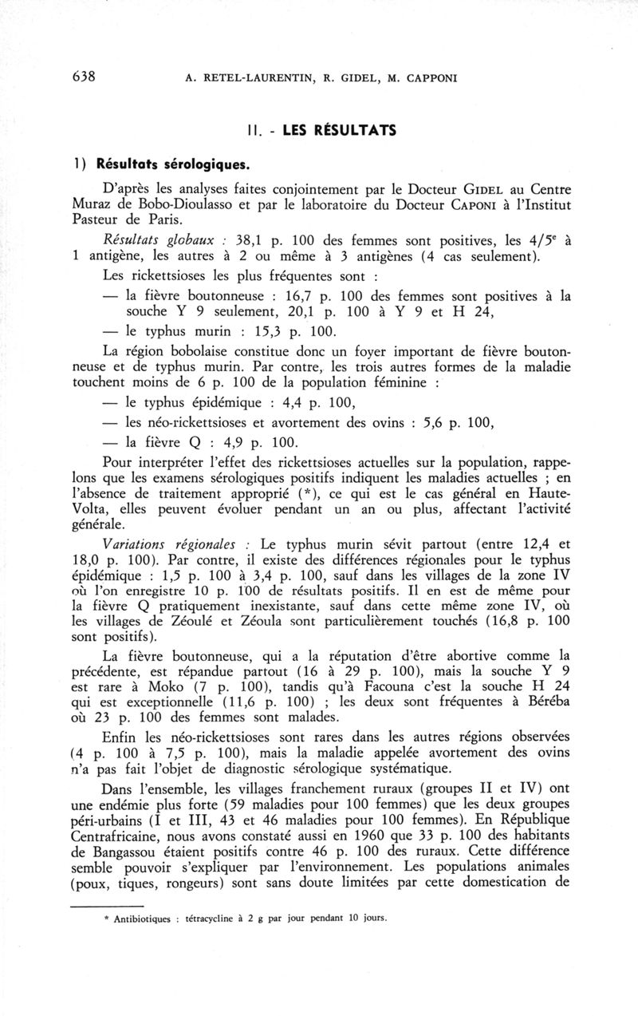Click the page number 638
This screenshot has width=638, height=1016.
click(x=84, y=77)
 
